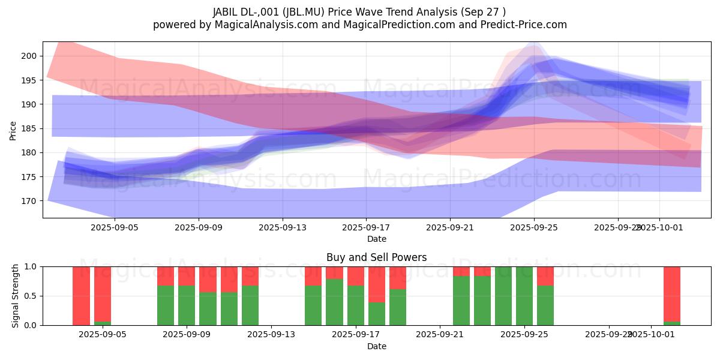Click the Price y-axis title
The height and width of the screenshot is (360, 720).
(x=13, y=130)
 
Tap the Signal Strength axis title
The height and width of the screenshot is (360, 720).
(x=16, y=296)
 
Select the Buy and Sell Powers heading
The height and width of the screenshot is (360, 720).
(x=376, y=257)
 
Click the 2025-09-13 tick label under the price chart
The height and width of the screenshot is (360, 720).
(x=283, y=228)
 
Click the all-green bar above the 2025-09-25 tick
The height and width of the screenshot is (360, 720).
(x=524, y=296)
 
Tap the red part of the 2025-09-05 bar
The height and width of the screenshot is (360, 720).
(x=103, y=293)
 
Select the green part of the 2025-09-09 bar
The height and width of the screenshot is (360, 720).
(x=187, y=305)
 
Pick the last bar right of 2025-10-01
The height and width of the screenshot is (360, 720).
(x=672, y=294)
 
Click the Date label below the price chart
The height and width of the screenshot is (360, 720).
(x=376, y=239)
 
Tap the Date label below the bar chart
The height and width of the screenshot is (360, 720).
(x=376, y=346)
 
